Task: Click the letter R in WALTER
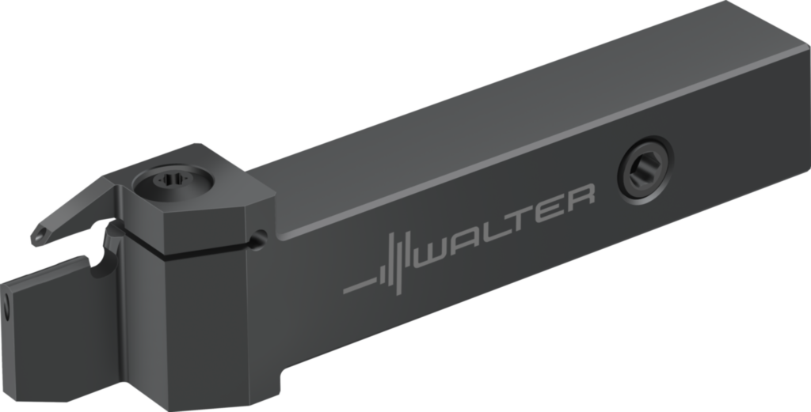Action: point(581,198)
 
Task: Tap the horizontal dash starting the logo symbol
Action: point(360,286)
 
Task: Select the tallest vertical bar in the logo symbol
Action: point(398,264)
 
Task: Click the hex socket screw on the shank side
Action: point(645,170)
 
